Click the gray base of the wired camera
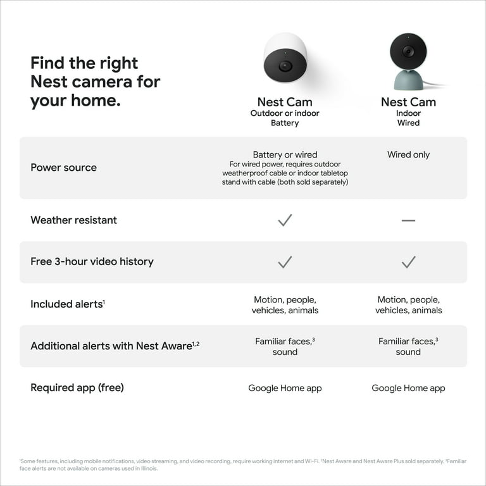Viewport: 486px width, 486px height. click(408, 80)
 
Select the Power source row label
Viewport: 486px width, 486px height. click(63, 168)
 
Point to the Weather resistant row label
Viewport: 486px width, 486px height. click(73, 220)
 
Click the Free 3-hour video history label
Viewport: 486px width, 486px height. click(92, 261)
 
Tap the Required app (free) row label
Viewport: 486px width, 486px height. click(77, 387)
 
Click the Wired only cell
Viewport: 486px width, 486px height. click(408, 154)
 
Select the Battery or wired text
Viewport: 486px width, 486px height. click(285, 154)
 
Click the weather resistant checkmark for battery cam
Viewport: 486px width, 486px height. click(285, 220)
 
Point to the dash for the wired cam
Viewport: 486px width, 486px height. click(408, 220)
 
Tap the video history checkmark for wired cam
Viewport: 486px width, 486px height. click(408, 261)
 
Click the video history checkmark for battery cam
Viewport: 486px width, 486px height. click(285, 261)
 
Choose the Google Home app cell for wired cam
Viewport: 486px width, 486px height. click(408, 388)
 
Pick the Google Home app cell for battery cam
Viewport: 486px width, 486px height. click(285, 388)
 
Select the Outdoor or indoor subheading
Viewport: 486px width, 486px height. click(285, 113)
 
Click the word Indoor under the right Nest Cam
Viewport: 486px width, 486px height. click(408, 113)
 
